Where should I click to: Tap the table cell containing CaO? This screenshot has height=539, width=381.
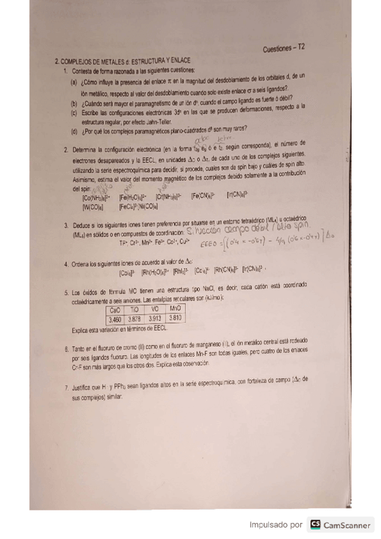pos(115,310)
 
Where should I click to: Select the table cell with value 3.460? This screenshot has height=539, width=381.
pos(115,318)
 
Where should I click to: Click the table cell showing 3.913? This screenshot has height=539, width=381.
pos(155,318)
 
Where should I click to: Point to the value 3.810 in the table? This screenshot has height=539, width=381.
pos(176,317)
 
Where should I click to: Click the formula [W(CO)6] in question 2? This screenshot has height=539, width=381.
pos(94,207)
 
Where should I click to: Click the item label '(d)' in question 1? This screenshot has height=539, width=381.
pos(74,130)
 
